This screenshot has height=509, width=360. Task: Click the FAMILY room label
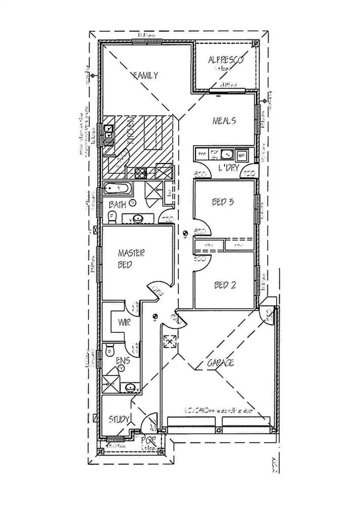tap(146, 76)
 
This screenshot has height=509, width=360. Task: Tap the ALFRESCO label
tap(225, 60)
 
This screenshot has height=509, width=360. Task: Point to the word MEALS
tap(224, 121)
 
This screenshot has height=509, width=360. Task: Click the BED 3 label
tap(223, 202)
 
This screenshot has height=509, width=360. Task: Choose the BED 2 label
tap(224, 285)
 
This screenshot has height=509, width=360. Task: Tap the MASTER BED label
tap(131, 259)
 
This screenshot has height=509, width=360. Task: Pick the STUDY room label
tap(119, 420)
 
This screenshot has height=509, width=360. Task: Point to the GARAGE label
tap(221, 363)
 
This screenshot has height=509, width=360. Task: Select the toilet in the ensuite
tap(110, 350)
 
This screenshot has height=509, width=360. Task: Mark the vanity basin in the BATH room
tap(137, 219)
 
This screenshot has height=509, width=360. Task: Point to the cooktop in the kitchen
tap(141, 172)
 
